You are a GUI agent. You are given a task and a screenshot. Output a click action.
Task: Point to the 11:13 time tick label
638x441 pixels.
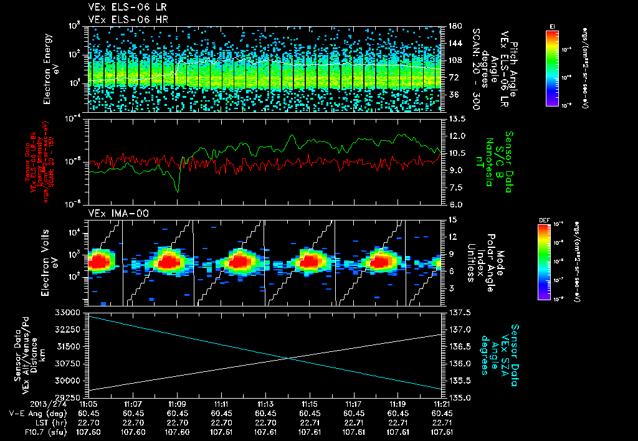point(266,404)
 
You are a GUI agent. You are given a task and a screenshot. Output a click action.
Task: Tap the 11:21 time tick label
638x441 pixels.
point(442,404)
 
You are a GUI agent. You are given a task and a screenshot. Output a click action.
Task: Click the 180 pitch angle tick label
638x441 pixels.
point(453,26)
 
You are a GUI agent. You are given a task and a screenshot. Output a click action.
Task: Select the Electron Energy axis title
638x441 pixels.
point(50,69)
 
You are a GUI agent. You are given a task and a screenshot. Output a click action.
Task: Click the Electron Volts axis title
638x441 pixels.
point(50,262)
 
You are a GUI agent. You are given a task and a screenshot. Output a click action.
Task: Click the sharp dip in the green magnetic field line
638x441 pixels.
point(178,191)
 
